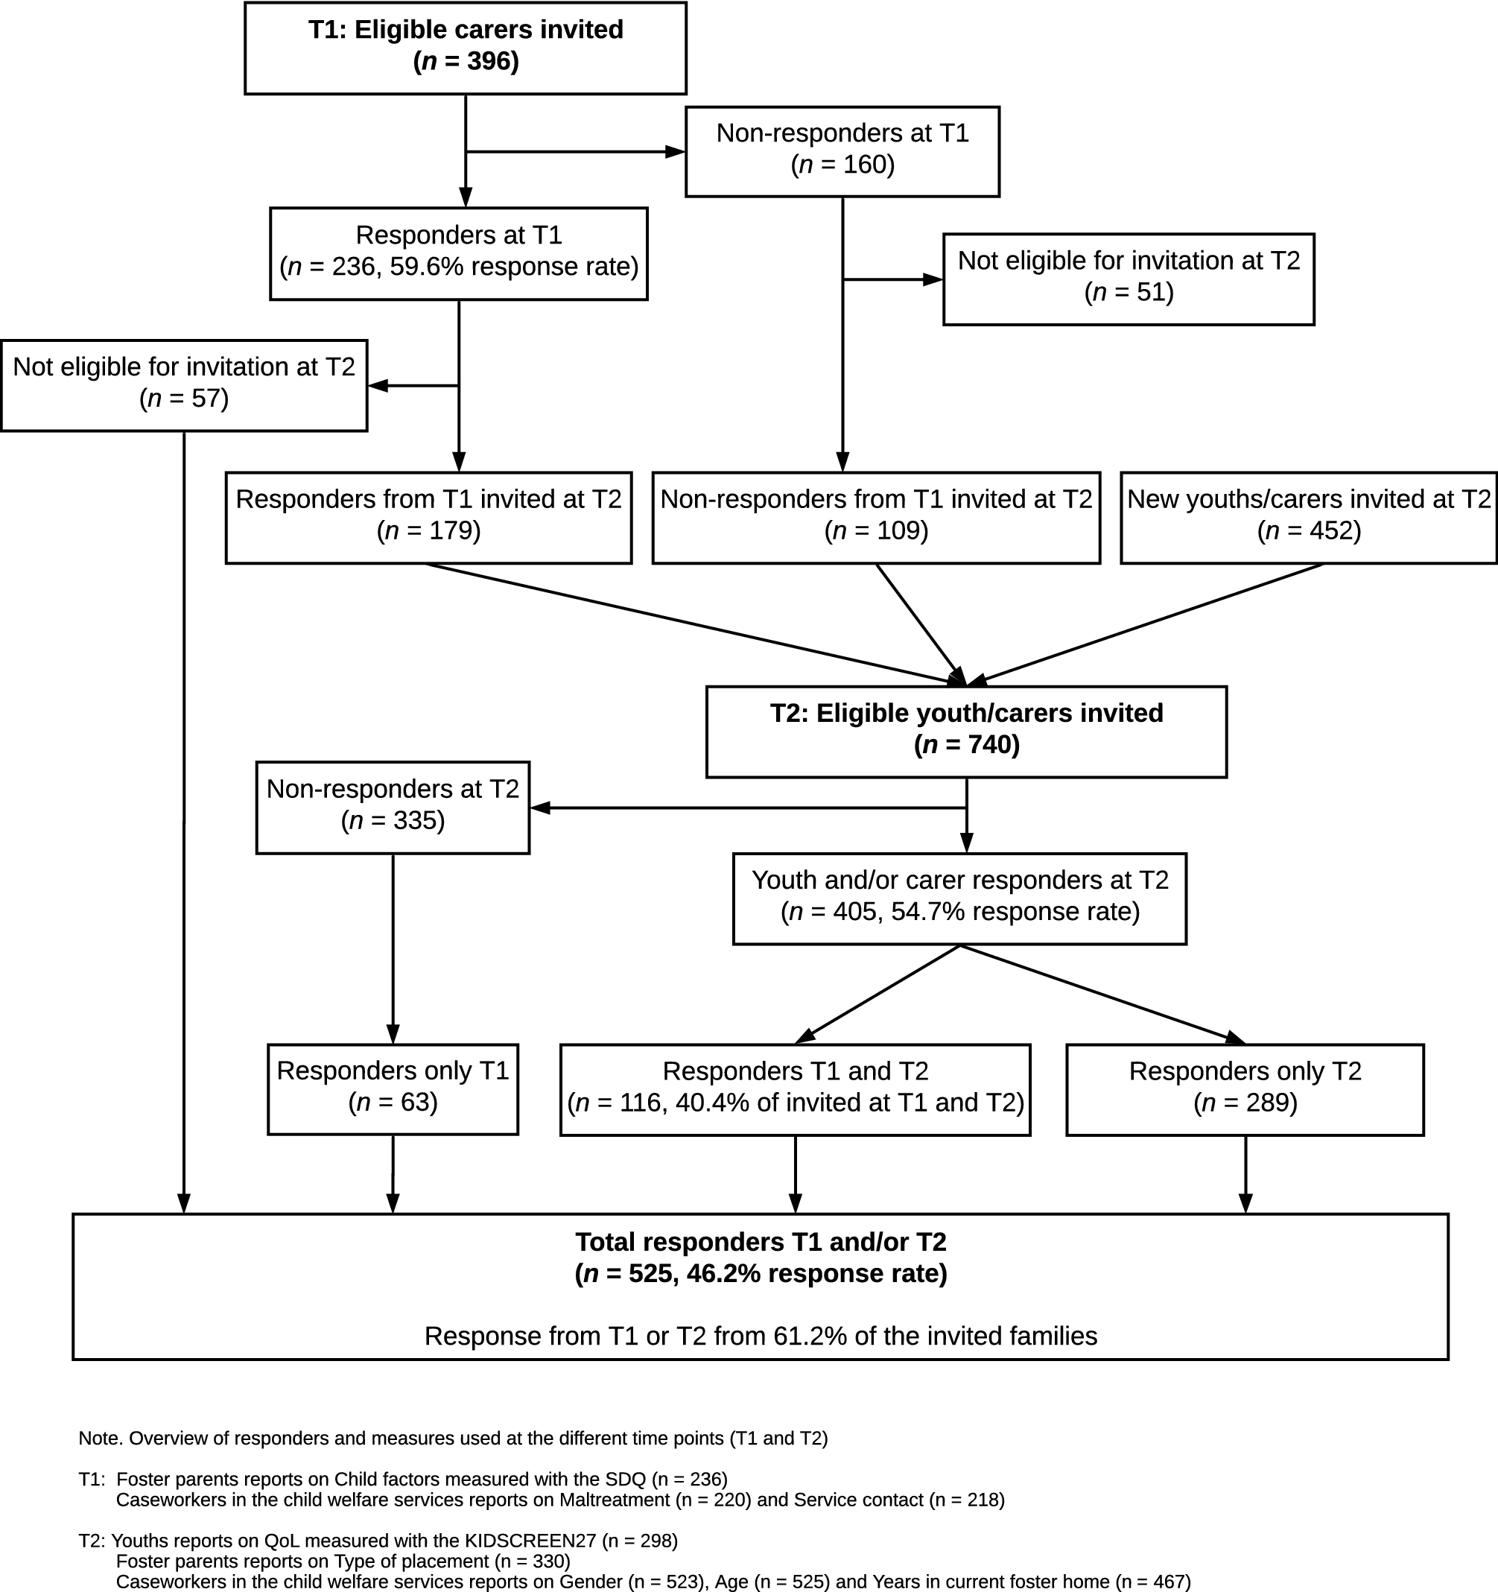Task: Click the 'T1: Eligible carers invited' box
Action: click(x=465, y=48)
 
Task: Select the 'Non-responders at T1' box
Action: click(x=842, y=151)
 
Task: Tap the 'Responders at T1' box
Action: click(x=459, y=254)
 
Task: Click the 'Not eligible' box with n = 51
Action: click(x=1129, y=279)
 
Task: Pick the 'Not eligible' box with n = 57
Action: click(x=184, y=385)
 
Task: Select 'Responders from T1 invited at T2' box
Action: click(x=428, y=518)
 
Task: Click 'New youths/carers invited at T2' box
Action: click(x=1309, y=518)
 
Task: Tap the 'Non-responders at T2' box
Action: click(x=393, y=808)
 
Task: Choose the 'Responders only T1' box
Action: click(x=393, y=1089)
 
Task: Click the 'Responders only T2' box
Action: click(x=1245, y=1089)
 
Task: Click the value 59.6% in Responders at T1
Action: click(x=427, y=267)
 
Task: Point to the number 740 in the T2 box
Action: click(x=988, y=745)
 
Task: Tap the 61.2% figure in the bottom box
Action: click(x=810, y=1336)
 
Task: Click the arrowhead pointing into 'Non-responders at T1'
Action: click(x=676, y=151)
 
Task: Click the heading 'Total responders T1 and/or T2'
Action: click(x=761, y=1241)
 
